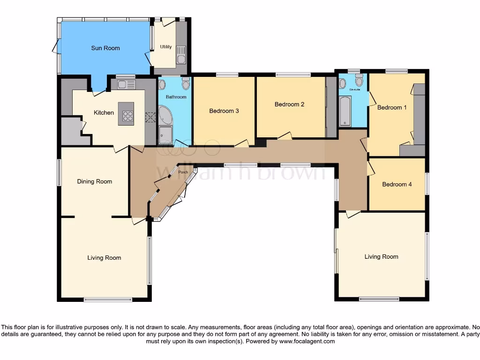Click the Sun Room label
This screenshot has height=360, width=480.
point(105,48)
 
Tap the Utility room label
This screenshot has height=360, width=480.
point(165,47)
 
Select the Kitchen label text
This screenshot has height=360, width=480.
point(104,112)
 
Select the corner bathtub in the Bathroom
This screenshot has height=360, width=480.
point(165,114)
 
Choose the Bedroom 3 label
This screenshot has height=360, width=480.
point(224,111)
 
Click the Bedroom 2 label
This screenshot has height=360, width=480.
point(289,104)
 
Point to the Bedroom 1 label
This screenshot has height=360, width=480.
point(392,107)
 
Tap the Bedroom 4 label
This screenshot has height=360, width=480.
point(397,184)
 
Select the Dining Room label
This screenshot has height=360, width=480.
point(94,181)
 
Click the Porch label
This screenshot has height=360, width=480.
point(183,172)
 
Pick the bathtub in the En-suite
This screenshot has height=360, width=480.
point(345,111)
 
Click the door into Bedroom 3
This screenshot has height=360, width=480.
point(242,143)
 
